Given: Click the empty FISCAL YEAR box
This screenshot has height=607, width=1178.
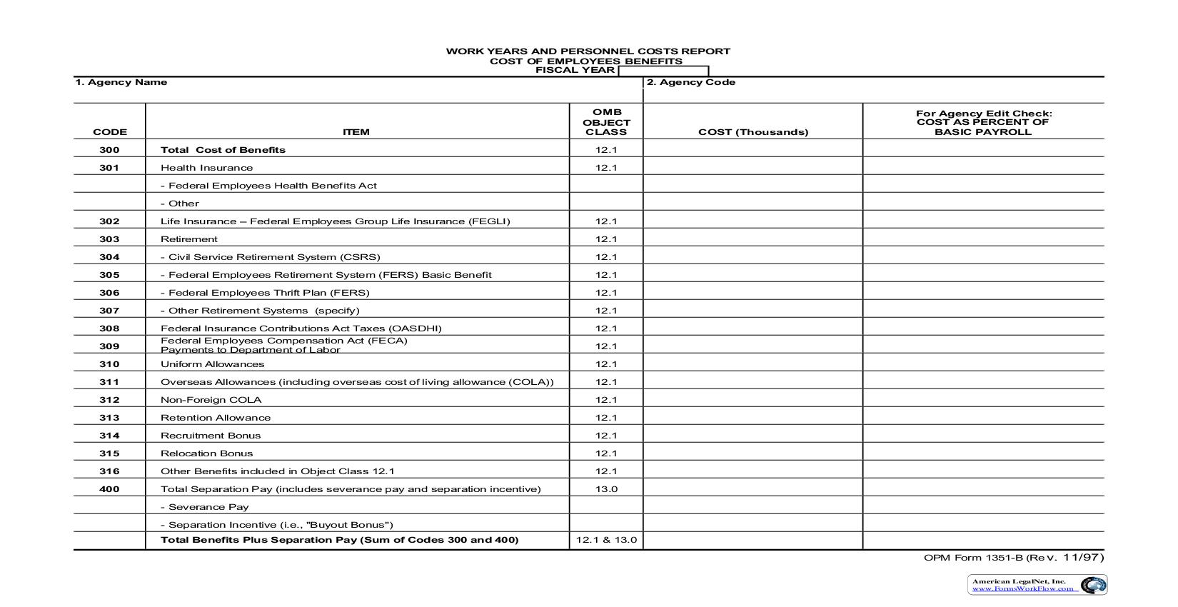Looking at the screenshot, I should (663, 71).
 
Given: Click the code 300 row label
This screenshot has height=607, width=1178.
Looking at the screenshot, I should (109, 150).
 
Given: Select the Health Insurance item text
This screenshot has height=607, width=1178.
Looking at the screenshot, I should (206, 168).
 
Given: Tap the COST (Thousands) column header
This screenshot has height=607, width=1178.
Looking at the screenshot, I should (753, 132).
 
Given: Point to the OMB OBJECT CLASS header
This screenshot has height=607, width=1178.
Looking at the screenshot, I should (606, 122).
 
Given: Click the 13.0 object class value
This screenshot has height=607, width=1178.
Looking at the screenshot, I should (606, 489).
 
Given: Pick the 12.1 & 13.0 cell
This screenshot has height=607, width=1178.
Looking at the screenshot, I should (606, 540).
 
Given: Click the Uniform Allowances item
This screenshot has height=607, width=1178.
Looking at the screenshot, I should (212, 364).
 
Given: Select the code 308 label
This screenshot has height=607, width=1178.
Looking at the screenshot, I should (109, 328).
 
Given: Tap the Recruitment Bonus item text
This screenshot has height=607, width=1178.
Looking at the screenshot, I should (211, 436).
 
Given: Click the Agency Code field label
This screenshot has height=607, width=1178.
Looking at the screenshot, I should (690, 82).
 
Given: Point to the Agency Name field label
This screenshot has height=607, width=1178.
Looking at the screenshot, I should (121, 82).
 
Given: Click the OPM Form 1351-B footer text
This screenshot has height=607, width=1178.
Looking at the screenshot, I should (1013, 558).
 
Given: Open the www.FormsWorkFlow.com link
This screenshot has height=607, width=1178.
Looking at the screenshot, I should (1022, 589).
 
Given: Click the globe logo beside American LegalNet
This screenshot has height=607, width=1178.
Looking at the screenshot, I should (1092, 586).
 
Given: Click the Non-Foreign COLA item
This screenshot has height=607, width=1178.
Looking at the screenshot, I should (211, 400).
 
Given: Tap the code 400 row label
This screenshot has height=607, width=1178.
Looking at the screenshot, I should (109, 489).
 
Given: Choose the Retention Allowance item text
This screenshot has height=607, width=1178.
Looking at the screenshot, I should (216, 418).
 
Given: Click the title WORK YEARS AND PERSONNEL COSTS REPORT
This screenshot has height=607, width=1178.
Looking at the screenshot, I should (588, 51).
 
